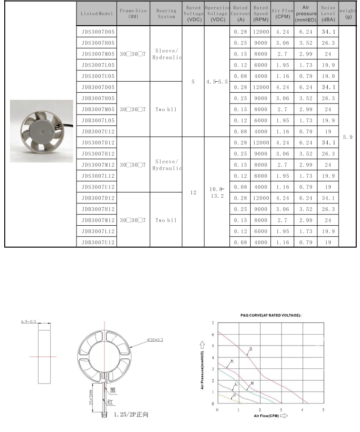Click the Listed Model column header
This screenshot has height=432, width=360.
pyautogui.click(x=97, y=14)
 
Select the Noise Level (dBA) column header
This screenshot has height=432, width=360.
pyautogui.click(x=328, y=14)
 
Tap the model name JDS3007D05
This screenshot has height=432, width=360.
pyautogui.click(x=98, y=32)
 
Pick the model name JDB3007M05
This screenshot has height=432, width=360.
pyautogui.click(x=98, y=109)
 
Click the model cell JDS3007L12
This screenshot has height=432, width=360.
pyautogui.click(x=98, y=176)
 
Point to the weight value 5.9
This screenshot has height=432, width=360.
pyautogui.click(x=348, y=137)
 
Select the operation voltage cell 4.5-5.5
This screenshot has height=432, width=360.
pyautogui.click(x=217, y=82)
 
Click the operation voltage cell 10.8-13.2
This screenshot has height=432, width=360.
pyautogui.click(x=217, y=192)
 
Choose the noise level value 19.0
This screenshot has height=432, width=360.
pyautogui.click(x=328, y=76)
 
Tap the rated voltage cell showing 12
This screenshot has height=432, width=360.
pyautogui.click(x=193, y=192)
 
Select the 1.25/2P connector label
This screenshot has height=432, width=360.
pyautogui.click(x=131, y=414)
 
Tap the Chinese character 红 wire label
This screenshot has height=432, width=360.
pyautogui.click(x=111, y=402)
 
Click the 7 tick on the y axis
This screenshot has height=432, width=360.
pyautogui.click(x=212, y=323)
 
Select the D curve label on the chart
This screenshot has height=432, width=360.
pyautogui.click(x=251, y=349)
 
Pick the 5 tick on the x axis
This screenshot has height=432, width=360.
pyautogui.click(x=323, y=409)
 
